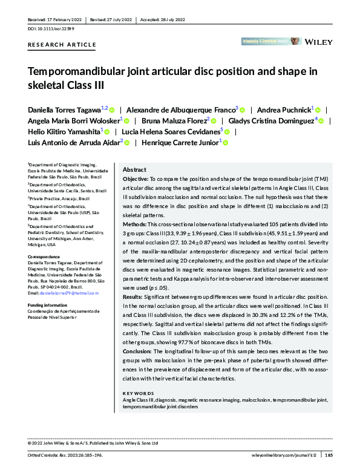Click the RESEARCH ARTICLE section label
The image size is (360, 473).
[62, 45]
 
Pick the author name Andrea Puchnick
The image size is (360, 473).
[284, 109]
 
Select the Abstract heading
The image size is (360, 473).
[135, 170]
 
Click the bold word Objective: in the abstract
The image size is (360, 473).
[135, 180]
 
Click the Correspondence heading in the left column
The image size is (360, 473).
[45, 256]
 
